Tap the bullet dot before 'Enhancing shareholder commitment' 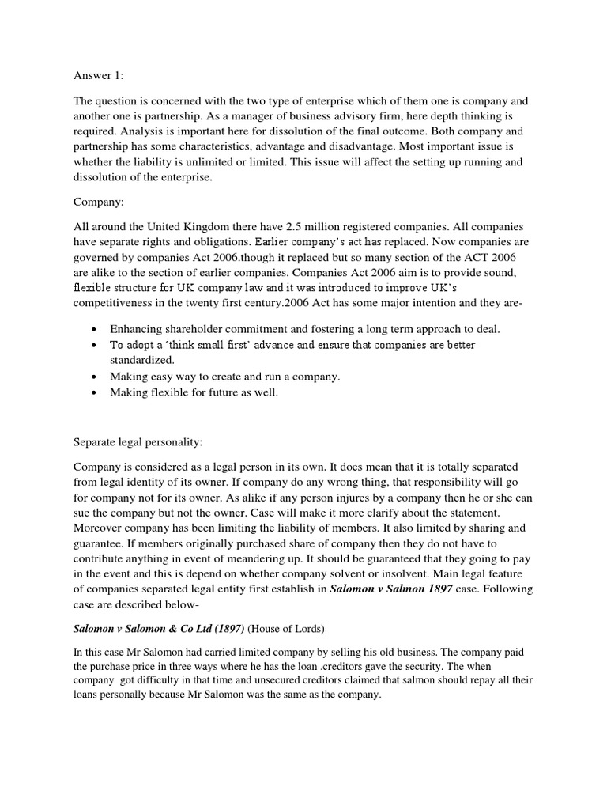[95, 328]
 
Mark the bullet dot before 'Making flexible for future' [95, 392]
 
